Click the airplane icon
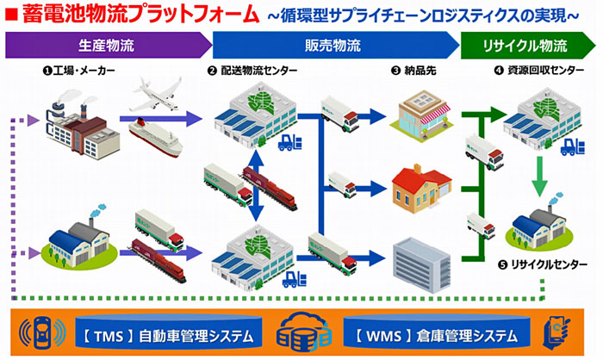coord(158,94)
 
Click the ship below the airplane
coord(155,138)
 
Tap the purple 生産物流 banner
coord(109,45)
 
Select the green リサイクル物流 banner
coord(527,46)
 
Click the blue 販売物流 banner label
coord(333,46)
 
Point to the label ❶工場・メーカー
coord(79,71)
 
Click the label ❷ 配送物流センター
coord(252,71)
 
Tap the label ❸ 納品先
coord(413,71)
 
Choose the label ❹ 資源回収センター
coord(539,71)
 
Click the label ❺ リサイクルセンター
coord(542,264)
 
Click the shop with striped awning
coord(421,115)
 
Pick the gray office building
coord(421,264)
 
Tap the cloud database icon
coord(304,332)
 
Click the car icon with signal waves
coord(42,332)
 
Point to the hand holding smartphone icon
coord(556,332)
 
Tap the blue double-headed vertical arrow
coord(256,186)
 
